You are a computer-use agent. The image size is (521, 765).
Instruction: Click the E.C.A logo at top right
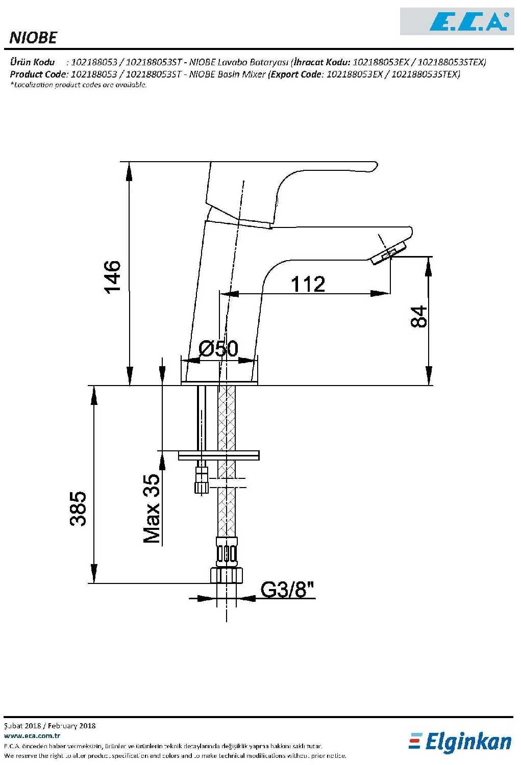[x=457, y=21]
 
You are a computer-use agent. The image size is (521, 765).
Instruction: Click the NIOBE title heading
[x=33, y=38]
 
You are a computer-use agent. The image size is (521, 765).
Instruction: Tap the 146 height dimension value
[x=112, y=277]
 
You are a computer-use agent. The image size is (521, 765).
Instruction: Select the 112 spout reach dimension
[x=308, y=284]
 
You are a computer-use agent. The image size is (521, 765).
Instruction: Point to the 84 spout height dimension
[x=418, y=317]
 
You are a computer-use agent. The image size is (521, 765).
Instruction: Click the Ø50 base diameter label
[x=218, y=348]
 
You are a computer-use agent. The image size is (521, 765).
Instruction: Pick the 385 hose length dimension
[x=78, y=508]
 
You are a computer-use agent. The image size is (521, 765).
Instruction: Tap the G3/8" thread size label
[x=287, y=589]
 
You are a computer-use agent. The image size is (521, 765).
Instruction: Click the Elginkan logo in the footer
[x=460, y=742]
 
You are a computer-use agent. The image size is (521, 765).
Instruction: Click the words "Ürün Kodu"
[x=33, y=62]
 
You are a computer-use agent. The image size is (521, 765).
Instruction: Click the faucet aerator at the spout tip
[x=388, y=253]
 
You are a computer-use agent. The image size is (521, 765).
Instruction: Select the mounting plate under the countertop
[x=218, y=455]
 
